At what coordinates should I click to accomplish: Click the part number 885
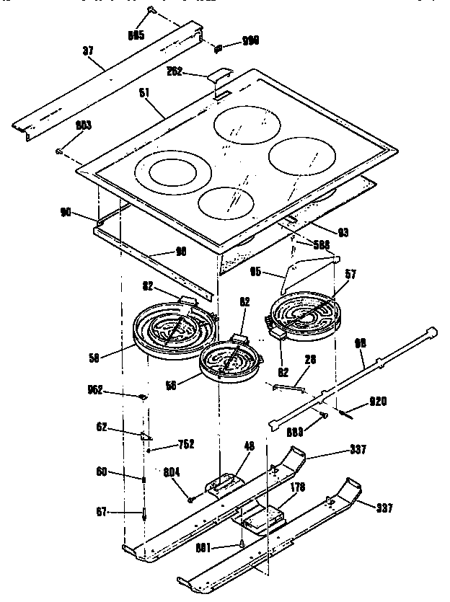point(136,35)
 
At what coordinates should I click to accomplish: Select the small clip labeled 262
point(219,77)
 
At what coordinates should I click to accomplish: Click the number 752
point(185,444)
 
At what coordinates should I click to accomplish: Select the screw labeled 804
point(191,497)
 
